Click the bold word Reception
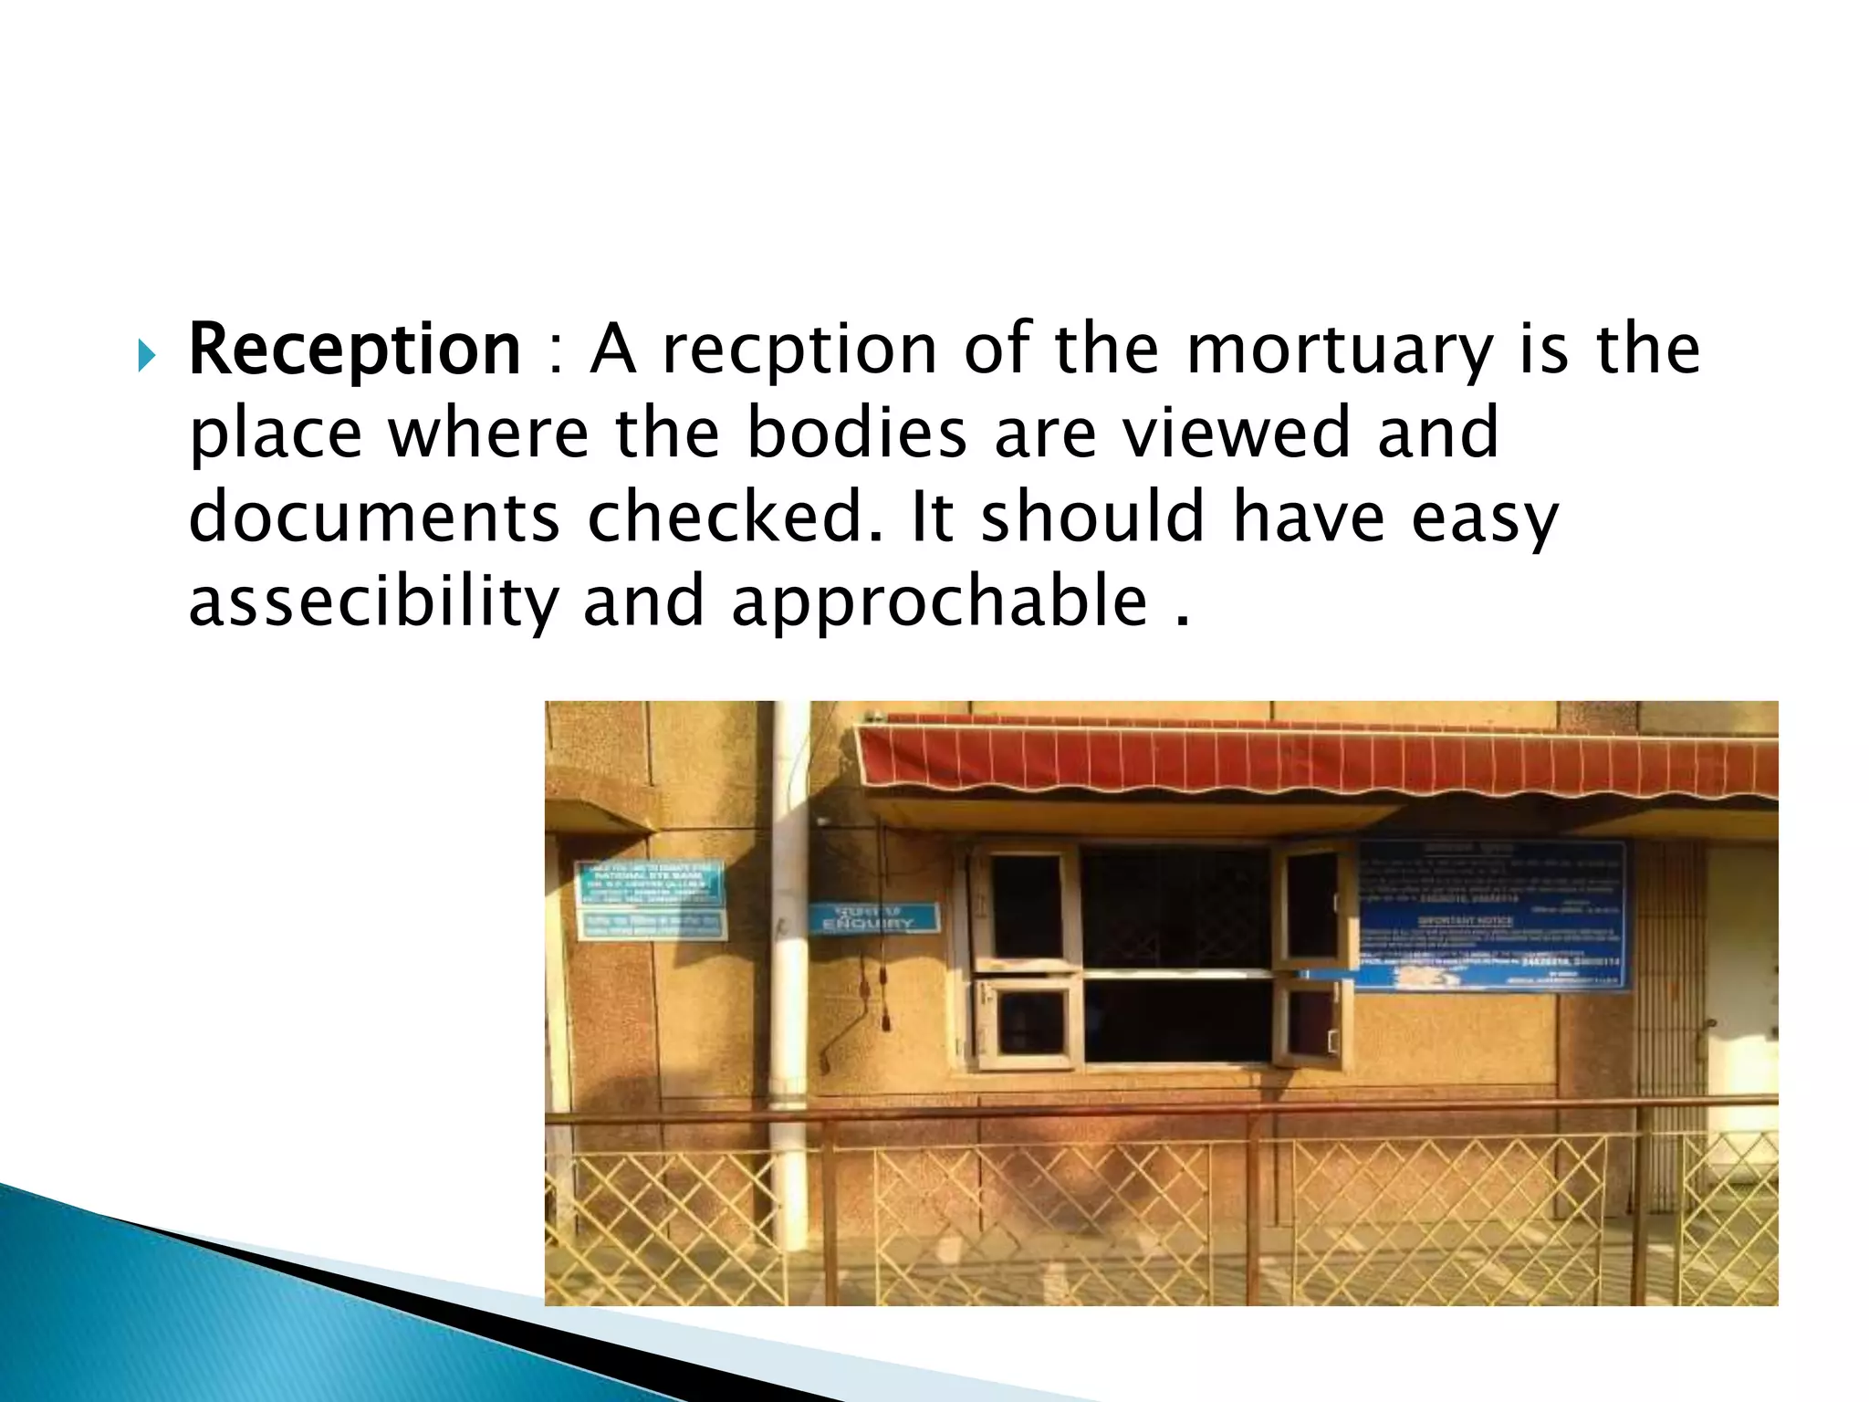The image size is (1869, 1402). (354, 350)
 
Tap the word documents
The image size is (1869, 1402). (374, 518)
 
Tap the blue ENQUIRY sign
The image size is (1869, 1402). (874, 917)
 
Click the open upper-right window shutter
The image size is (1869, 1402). (1311, 907)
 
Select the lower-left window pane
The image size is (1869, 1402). (1030, 1021)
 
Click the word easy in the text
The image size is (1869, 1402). (1484, 518)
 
